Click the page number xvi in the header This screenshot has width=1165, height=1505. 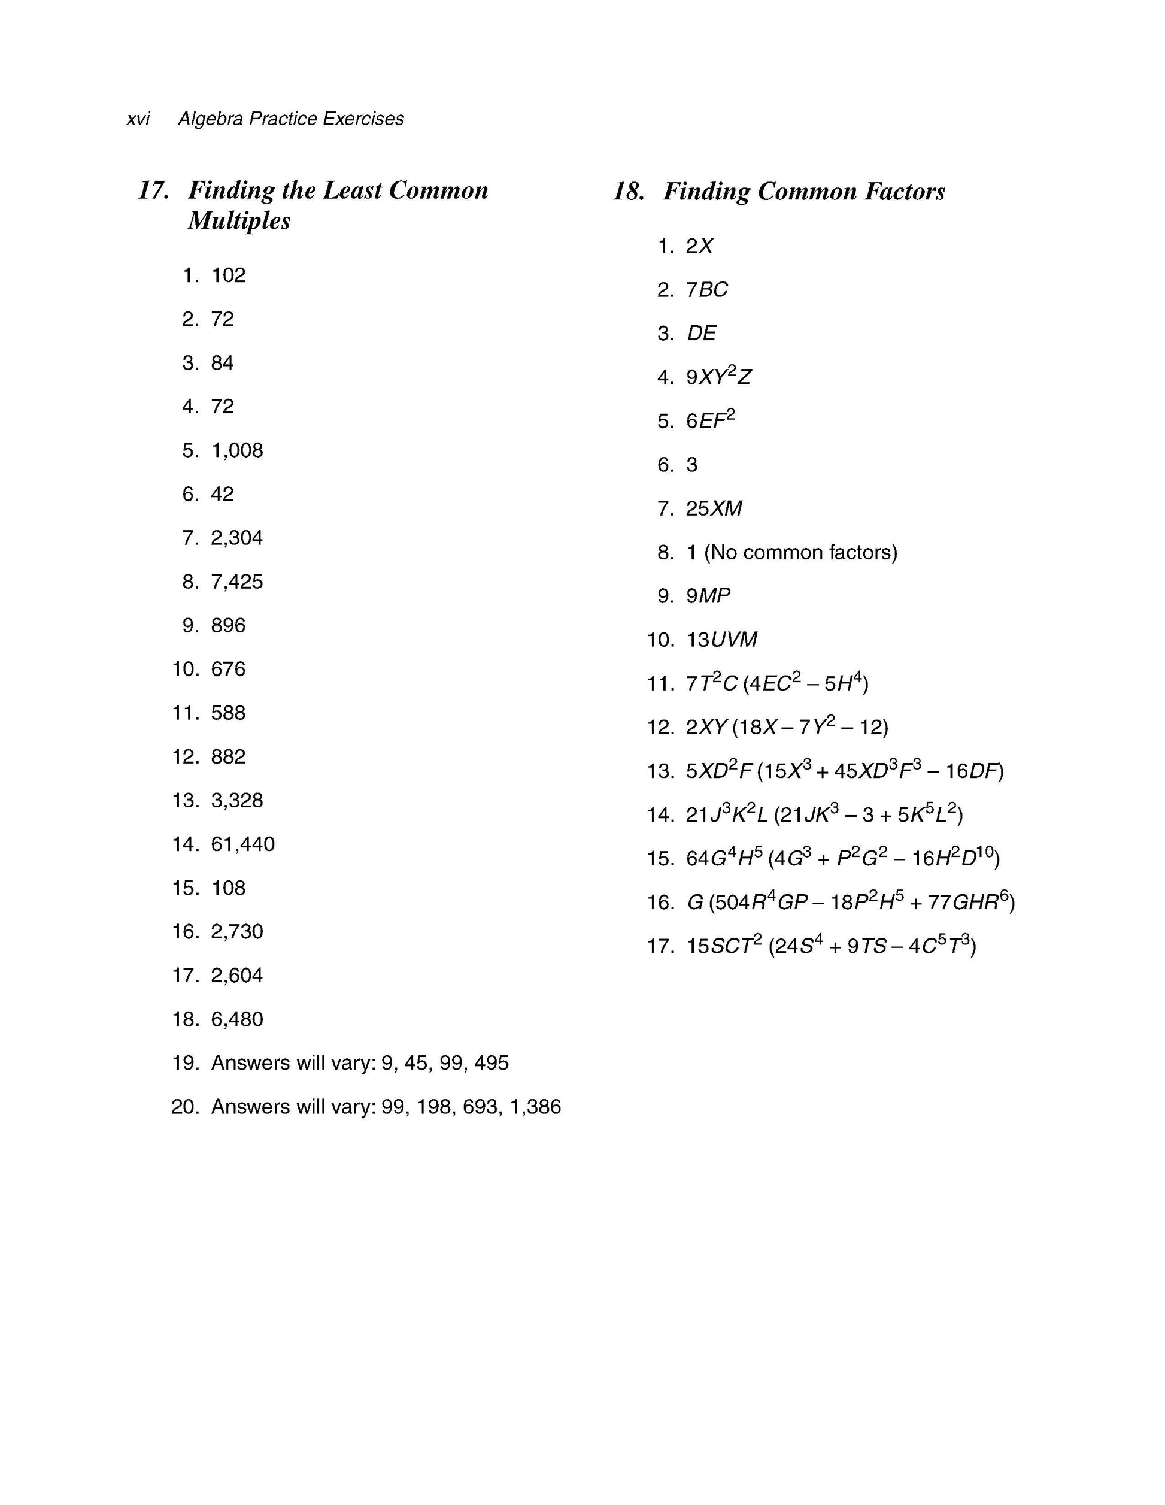pyautogui.click(x=138, y=119)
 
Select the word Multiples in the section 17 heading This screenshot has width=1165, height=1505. pyautogui.click(x=239, y=220)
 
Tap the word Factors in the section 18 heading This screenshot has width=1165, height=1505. pyautogui.click(x=904, y=192)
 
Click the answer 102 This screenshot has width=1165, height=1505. pyautogui.click(x=228, y=275)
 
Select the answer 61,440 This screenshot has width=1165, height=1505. pyautogui.click(x=242, y=844)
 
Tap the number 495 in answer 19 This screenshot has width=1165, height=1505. pyautogui.click(x=492, y=1063)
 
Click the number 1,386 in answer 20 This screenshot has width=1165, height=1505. pyautogui.click(x=535, y=1107)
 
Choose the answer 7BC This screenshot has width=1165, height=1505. pyautogui.click(x=706, y=290)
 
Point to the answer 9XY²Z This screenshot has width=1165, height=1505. pyautogui.click(x=718, y=377)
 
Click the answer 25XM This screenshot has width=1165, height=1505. pyautogui.click(x=714, y=508)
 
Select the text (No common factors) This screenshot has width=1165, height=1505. pyautogui.click(x=800, y=553)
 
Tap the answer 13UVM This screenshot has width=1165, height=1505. pyautogui.click(x=721, y=640)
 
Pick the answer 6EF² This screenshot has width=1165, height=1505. pyautogui.click(x=709, y=420)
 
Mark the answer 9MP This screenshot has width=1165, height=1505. pyautogui.click(x=708, y=596)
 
